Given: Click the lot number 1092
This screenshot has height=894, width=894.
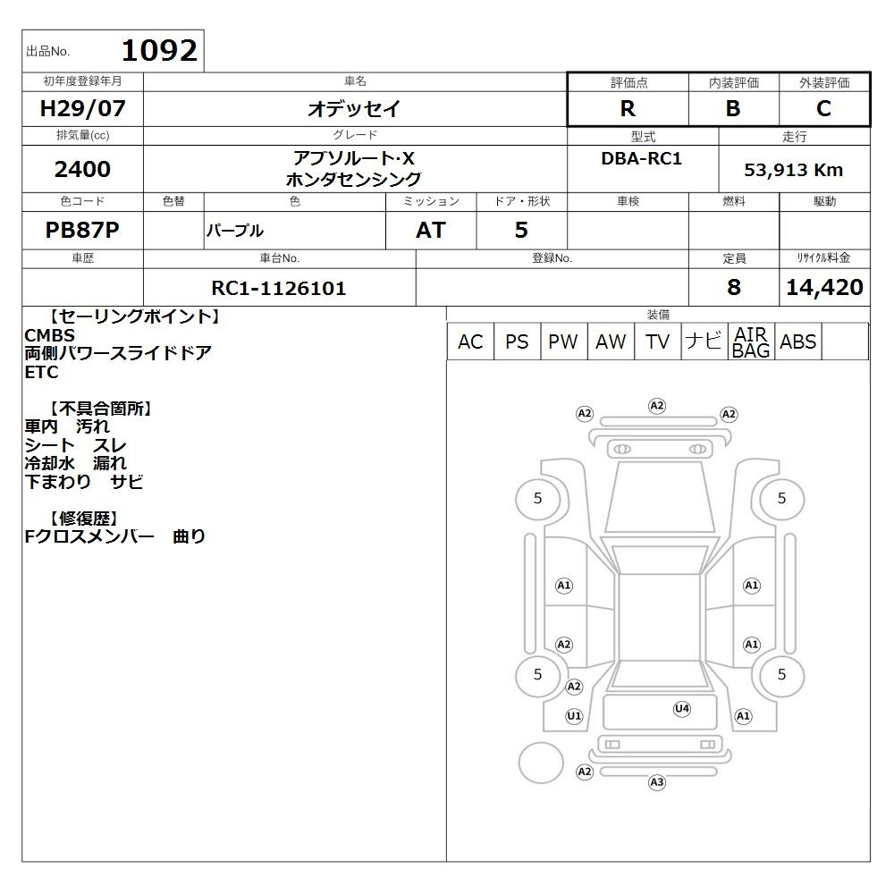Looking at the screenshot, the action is click(160, 50).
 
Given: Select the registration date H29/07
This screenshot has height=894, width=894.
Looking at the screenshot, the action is click(82, 108).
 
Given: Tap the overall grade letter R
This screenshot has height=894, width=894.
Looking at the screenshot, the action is click(628, 108).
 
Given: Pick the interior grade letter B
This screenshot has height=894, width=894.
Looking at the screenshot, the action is click(733, 108).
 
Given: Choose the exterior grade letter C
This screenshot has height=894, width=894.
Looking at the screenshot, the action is click(823, 108).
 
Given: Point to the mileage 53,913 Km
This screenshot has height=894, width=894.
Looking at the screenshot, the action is click(794, 170).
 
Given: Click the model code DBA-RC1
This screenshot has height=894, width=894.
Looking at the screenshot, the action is click(641, 158).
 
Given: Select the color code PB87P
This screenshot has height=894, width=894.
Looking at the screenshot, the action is click(82, 230).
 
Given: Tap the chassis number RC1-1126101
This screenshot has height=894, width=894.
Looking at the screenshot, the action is click(279, 288).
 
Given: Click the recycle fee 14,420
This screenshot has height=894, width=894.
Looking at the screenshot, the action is click(824, 287).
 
